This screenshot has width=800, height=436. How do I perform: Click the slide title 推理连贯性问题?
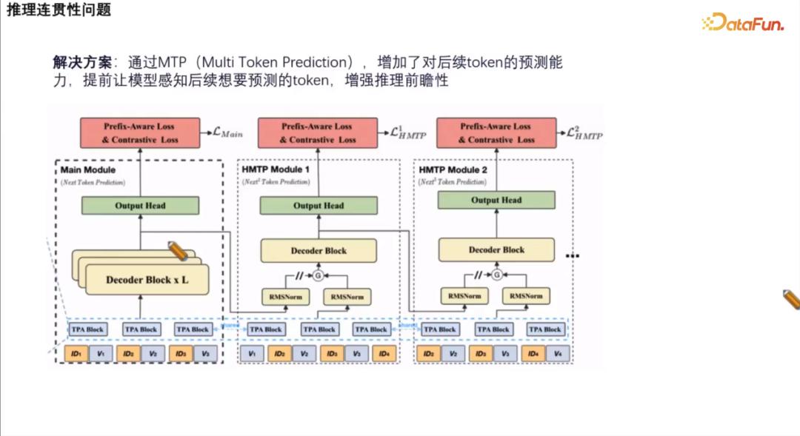59,10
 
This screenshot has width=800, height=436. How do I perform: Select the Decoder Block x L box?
147,280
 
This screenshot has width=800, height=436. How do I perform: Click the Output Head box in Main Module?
140,205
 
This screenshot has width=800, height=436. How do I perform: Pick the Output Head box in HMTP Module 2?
496,200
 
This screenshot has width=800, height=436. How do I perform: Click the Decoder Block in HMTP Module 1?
319,250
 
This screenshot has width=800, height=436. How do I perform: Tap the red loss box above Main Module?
140,133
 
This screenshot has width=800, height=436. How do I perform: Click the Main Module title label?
88,170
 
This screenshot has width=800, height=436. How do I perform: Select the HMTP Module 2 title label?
453,170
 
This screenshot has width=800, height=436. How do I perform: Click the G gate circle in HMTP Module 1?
319,275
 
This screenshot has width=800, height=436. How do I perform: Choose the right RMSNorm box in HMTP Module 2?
527,295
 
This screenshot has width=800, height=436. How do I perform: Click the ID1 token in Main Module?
76,354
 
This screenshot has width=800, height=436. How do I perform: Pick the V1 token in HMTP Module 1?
253,354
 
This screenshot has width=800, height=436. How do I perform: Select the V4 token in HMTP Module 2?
556,354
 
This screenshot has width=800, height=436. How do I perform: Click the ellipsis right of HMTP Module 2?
572,255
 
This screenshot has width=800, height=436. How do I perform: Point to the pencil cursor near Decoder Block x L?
179,250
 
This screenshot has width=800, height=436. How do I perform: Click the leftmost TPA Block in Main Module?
88,329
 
